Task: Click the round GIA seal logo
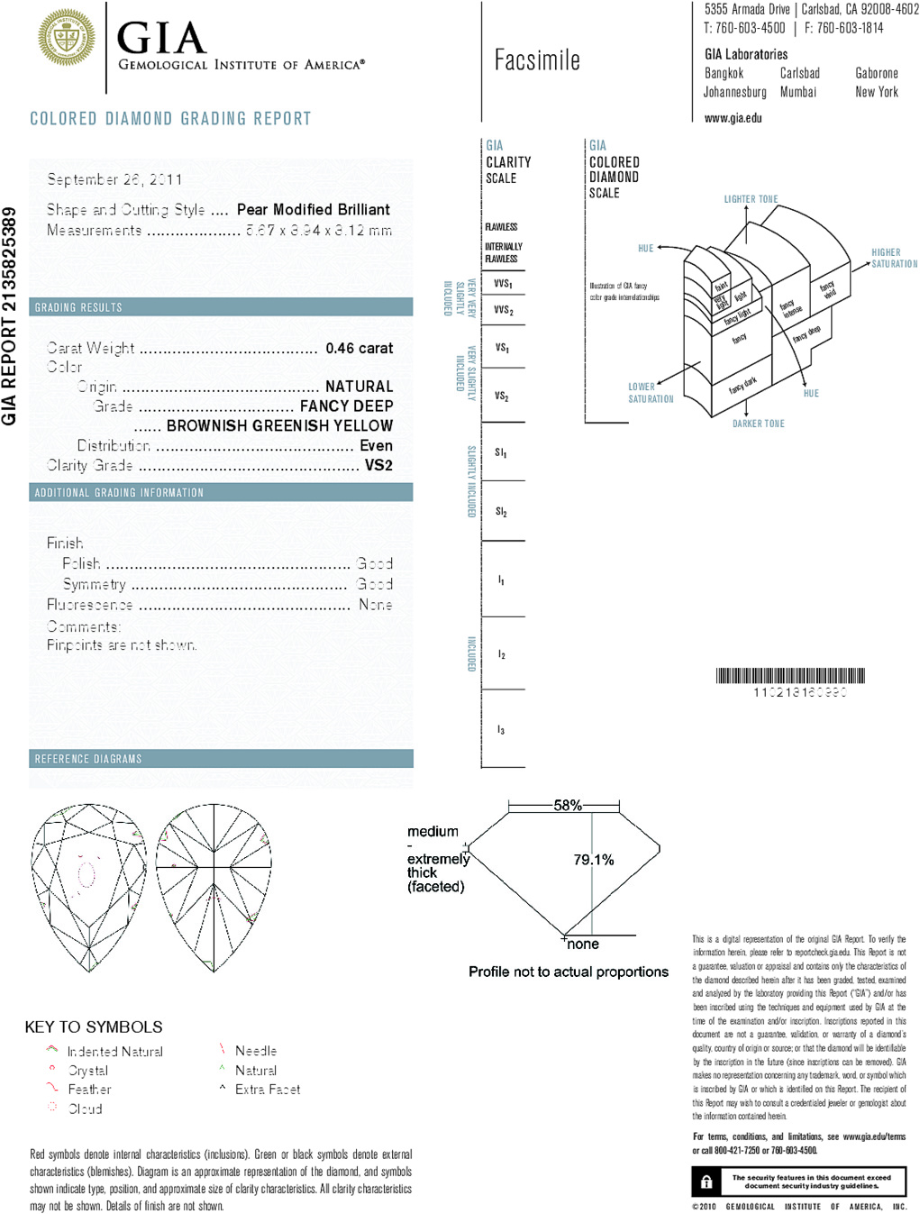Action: (66, 38)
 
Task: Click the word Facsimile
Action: (537, 61)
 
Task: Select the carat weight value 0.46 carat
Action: (359, 348)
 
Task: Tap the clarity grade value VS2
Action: (378, 465)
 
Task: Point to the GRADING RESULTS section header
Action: (78, 307)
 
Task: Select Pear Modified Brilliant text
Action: (313, 209)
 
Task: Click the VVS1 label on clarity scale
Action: (503, 283)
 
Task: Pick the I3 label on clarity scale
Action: (501, 729)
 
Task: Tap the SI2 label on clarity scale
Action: (501, 512)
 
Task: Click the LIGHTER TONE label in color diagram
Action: (751, 199)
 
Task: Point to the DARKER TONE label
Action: (758, 424)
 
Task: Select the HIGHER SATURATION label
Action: (893, 259)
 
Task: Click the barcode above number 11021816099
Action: (790, 676)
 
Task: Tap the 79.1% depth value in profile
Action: (594, 860)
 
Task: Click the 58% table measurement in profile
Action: (568, 805)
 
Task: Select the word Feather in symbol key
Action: (90, 1089)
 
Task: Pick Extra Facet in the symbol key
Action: (268, 1089)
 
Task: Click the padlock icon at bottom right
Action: (706, 1182)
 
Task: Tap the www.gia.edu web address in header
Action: (733, 118)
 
